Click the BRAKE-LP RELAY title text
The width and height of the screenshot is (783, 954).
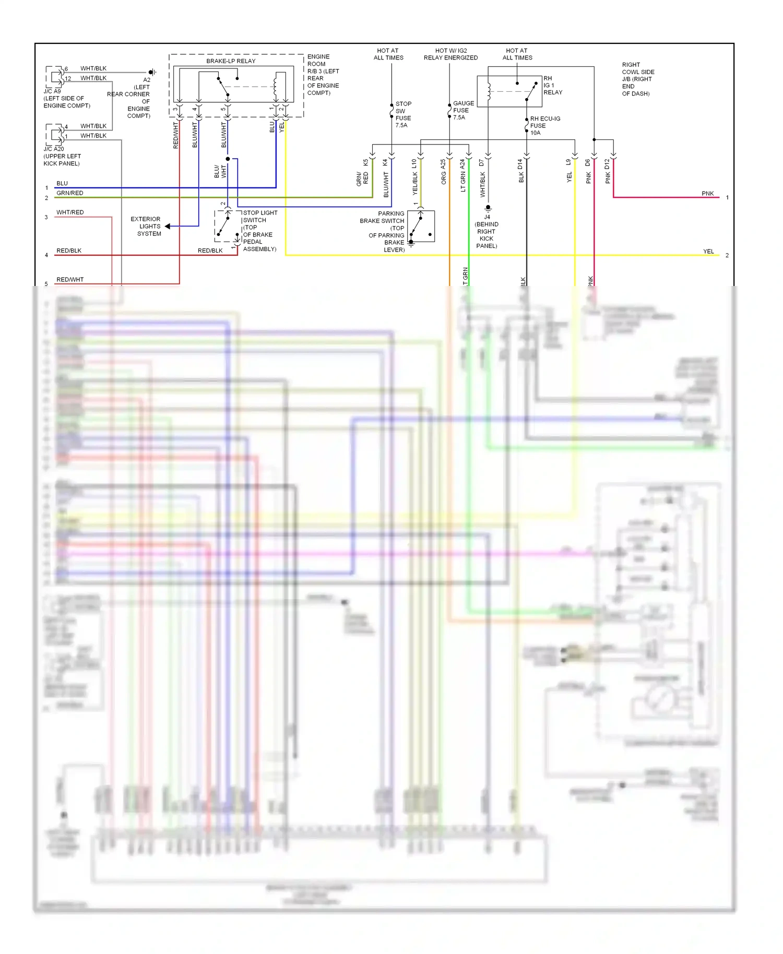231,61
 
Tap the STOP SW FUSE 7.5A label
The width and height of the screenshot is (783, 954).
403,114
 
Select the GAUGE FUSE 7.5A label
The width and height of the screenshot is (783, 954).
463,110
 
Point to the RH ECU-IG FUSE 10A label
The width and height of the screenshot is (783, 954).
544,126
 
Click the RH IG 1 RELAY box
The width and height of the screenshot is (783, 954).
509,92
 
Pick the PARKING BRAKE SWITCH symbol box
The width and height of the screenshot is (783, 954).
421,226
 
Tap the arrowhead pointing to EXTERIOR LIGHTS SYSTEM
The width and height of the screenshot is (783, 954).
168,226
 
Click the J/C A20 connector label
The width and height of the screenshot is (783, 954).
54,149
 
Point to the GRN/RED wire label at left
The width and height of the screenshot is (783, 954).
69,193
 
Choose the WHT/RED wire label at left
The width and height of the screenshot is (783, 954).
70,212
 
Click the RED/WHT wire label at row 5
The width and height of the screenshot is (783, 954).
70,280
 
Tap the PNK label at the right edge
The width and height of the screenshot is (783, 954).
707,194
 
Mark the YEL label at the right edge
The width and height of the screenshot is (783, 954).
708,252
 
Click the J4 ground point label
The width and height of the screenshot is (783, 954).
487,217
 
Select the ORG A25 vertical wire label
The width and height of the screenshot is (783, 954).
444,172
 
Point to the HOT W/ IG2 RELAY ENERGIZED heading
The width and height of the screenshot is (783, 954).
450,54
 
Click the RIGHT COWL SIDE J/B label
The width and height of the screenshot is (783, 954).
637,79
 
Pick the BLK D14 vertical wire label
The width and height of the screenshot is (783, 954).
520,171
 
